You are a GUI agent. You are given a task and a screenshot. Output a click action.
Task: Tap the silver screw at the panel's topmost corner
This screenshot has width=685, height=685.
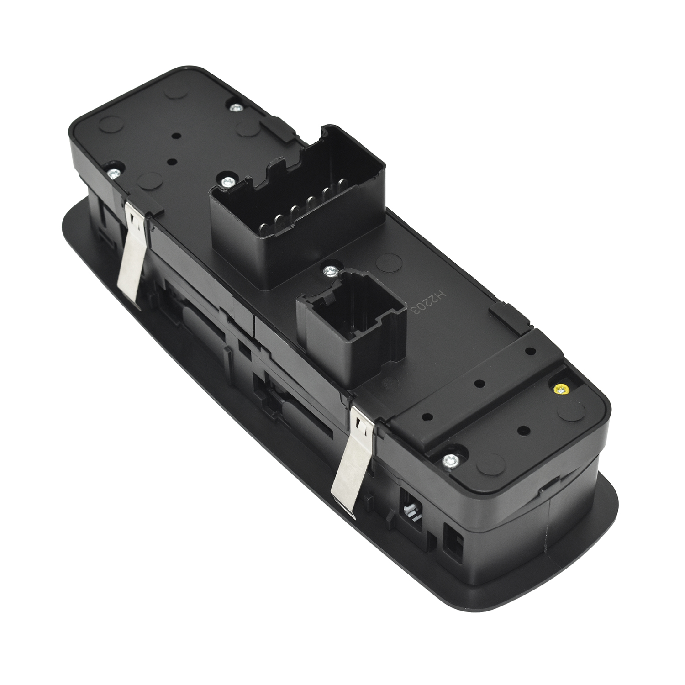tap(236, 108)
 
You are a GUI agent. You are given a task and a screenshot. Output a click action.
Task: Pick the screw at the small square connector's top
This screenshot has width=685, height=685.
tap(329, 272)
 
